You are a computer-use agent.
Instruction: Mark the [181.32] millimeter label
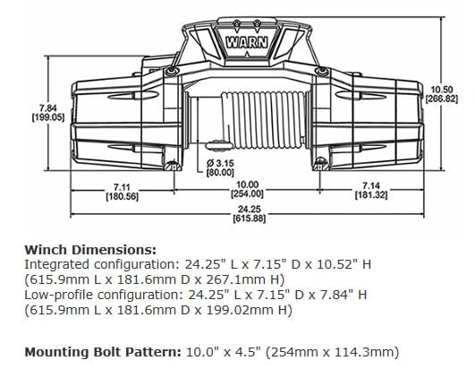[369, 194]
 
